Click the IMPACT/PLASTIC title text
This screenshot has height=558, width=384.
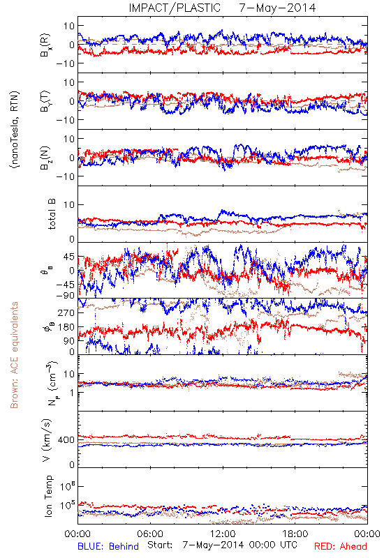(175, 8)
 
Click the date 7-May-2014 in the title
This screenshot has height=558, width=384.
(277, 8)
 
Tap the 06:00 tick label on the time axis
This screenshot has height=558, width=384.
(150, 534)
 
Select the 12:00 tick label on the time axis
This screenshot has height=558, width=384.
(223, 534)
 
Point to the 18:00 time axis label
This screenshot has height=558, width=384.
(295, 534)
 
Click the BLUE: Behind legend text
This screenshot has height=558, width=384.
(108, 546)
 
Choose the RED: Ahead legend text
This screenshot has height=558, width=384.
(341, 546)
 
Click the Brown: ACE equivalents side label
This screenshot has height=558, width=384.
(14, 355)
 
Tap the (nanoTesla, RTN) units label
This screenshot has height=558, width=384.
(15, 129)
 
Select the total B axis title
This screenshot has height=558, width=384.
(52, 214)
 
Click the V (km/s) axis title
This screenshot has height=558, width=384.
(47, 440)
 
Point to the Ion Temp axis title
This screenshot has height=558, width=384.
(48, 496)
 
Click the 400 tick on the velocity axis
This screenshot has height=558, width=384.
(66, 440)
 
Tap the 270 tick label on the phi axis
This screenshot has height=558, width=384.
(66, 312)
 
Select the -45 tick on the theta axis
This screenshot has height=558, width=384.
(64, 285)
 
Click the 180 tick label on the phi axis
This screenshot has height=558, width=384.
(66, 327)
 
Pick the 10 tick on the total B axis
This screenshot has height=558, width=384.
(69, 204)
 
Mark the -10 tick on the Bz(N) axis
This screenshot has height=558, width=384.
(64, 176)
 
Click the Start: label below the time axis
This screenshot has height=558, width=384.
(160, 545)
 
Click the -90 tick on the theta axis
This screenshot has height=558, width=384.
(64, 295)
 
